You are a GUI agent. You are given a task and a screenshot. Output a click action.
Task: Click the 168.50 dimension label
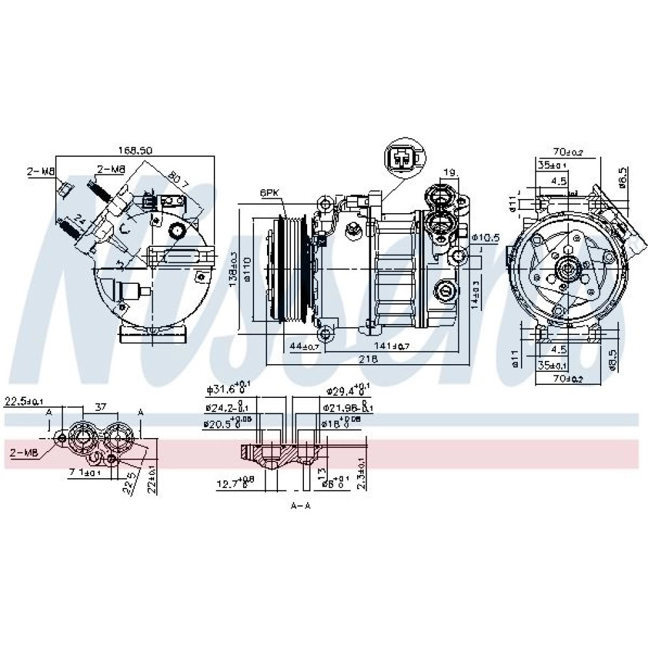click(x=135, y=150)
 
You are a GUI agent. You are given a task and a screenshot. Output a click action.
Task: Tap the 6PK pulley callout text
click(x=270, y=193)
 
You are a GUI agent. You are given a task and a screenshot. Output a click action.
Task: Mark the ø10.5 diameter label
click(x=486, y=238)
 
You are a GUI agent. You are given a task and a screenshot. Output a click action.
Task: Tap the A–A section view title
click(x=301, y=505)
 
